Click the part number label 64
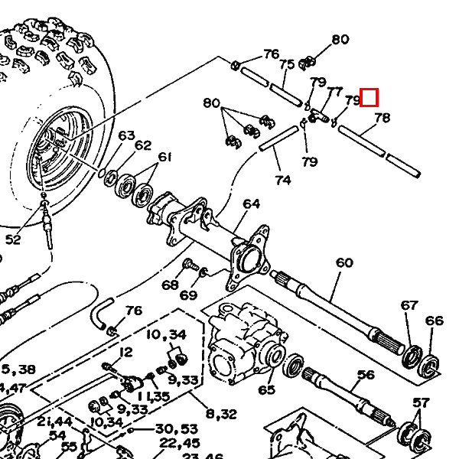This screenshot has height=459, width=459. [251, 204]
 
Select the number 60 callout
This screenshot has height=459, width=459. [344, 263]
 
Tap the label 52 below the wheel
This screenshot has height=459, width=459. [13, 240]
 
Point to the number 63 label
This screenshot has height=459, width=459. [126, 136]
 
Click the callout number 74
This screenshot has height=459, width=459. [283, 181]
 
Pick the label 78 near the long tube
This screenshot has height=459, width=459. [382, 118]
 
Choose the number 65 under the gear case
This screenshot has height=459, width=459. [266, 390]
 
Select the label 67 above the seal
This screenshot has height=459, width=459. [409, 305]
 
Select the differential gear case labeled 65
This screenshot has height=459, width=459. [241, 344]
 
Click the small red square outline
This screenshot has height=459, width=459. [369, 97]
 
